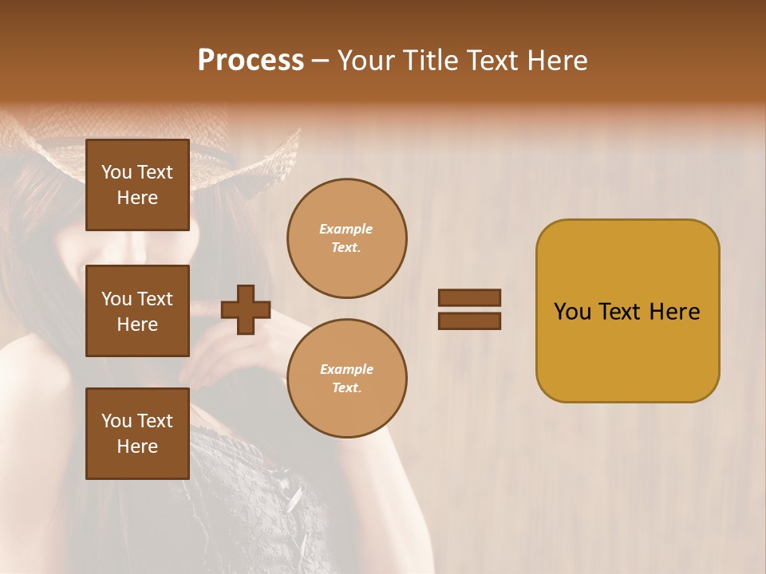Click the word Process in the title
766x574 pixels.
(251, 61)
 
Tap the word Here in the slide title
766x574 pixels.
(559, 61)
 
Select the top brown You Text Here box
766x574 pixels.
(137, 185)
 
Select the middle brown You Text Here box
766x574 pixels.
(137, 311)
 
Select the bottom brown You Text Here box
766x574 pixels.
(137, 434)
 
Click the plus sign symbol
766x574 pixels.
(246, 309)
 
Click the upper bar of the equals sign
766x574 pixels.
(469, 297)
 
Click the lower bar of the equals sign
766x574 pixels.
(469, 320)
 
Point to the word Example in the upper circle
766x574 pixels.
(345, 229)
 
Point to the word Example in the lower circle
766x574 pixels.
(345, 369)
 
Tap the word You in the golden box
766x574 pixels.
(573, 312)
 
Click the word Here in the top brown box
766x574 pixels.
(137, 198)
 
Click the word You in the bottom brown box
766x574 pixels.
(116, 421)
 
